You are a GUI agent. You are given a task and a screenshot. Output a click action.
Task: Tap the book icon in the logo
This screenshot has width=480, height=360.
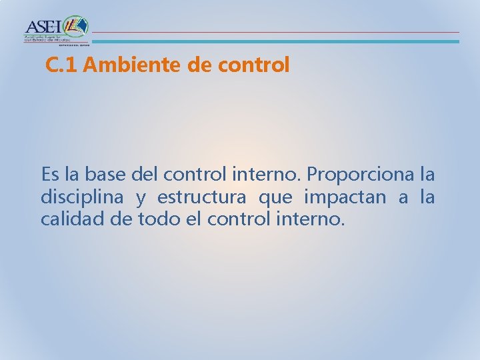pos(77,27)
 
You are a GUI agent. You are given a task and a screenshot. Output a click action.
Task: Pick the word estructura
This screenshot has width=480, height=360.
pos(195,198)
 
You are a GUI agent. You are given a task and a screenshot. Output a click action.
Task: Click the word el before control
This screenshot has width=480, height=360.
pos(193,219)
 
